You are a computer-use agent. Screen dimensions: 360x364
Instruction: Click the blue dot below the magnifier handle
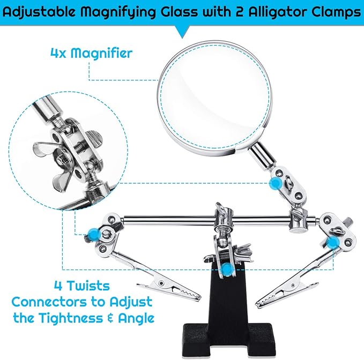click(276, 184)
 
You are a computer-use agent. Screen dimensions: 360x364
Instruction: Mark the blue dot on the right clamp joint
click(333, 243)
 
